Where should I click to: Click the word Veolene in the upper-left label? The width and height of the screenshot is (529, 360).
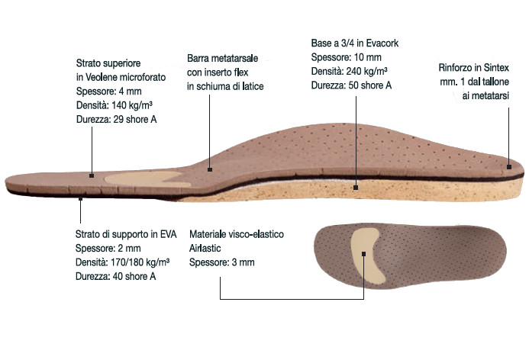(x=101, y=77)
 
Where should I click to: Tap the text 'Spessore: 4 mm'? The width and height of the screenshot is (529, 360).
(x=108, y=92)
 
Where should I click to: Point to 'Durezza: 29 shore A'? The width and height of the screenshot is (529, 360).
(x=116, y=119)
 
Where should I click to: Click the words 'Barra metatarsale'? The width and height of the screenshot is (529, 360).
(x=222, y=58)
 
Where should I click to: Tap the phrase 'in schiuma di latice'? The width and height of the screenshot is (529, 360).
(x=225, y=86)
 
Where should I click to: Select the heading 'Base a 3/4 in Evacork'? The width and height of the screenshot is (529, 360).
(x=355, y=43)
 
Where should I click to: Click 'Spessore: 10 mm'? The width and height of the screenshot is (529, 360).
(x=346, y=57)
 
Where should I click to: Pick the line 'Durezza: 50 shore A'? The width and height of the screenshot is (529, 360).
(x=351, y=85)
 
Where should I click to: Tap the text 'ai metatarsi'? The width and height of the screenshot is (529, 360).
(x=485, y=96)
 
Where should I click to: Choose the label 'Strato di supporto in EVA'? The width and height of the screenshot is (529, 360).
(x=126, y=234)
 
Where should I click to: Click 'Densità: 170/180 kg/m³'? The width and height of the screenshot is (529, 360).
(x=122, y=262)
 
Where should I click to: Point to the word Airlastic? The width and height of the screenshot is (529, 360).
(x=205, y=249)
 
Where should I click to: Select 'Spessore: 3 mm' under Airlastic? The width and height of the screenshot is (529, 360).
(x=221, y=262)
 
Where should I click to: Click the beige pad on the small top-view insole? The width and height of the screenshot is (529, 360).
(x=366, y=255)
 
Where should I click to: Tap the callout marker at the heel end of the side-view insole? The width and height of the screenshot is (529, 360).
(x=509, y=166)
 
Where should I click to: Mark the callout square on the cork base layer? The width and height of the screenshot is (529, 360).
(x=356, y=188)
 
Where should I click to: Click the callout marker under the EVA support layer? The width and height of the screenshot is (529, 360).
(x=80, y=199)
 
